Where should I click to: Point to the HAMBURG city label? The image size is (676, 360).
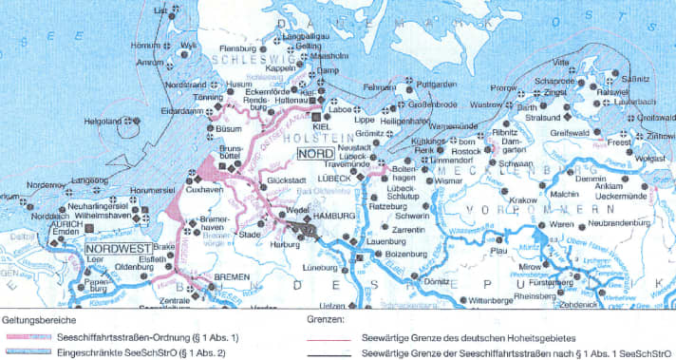[x=331, y=217]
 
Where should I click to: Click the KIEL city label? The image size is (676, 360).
[x=320, y=125]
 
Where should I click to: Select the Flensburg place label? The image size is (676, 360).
[x=238, y=47]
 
